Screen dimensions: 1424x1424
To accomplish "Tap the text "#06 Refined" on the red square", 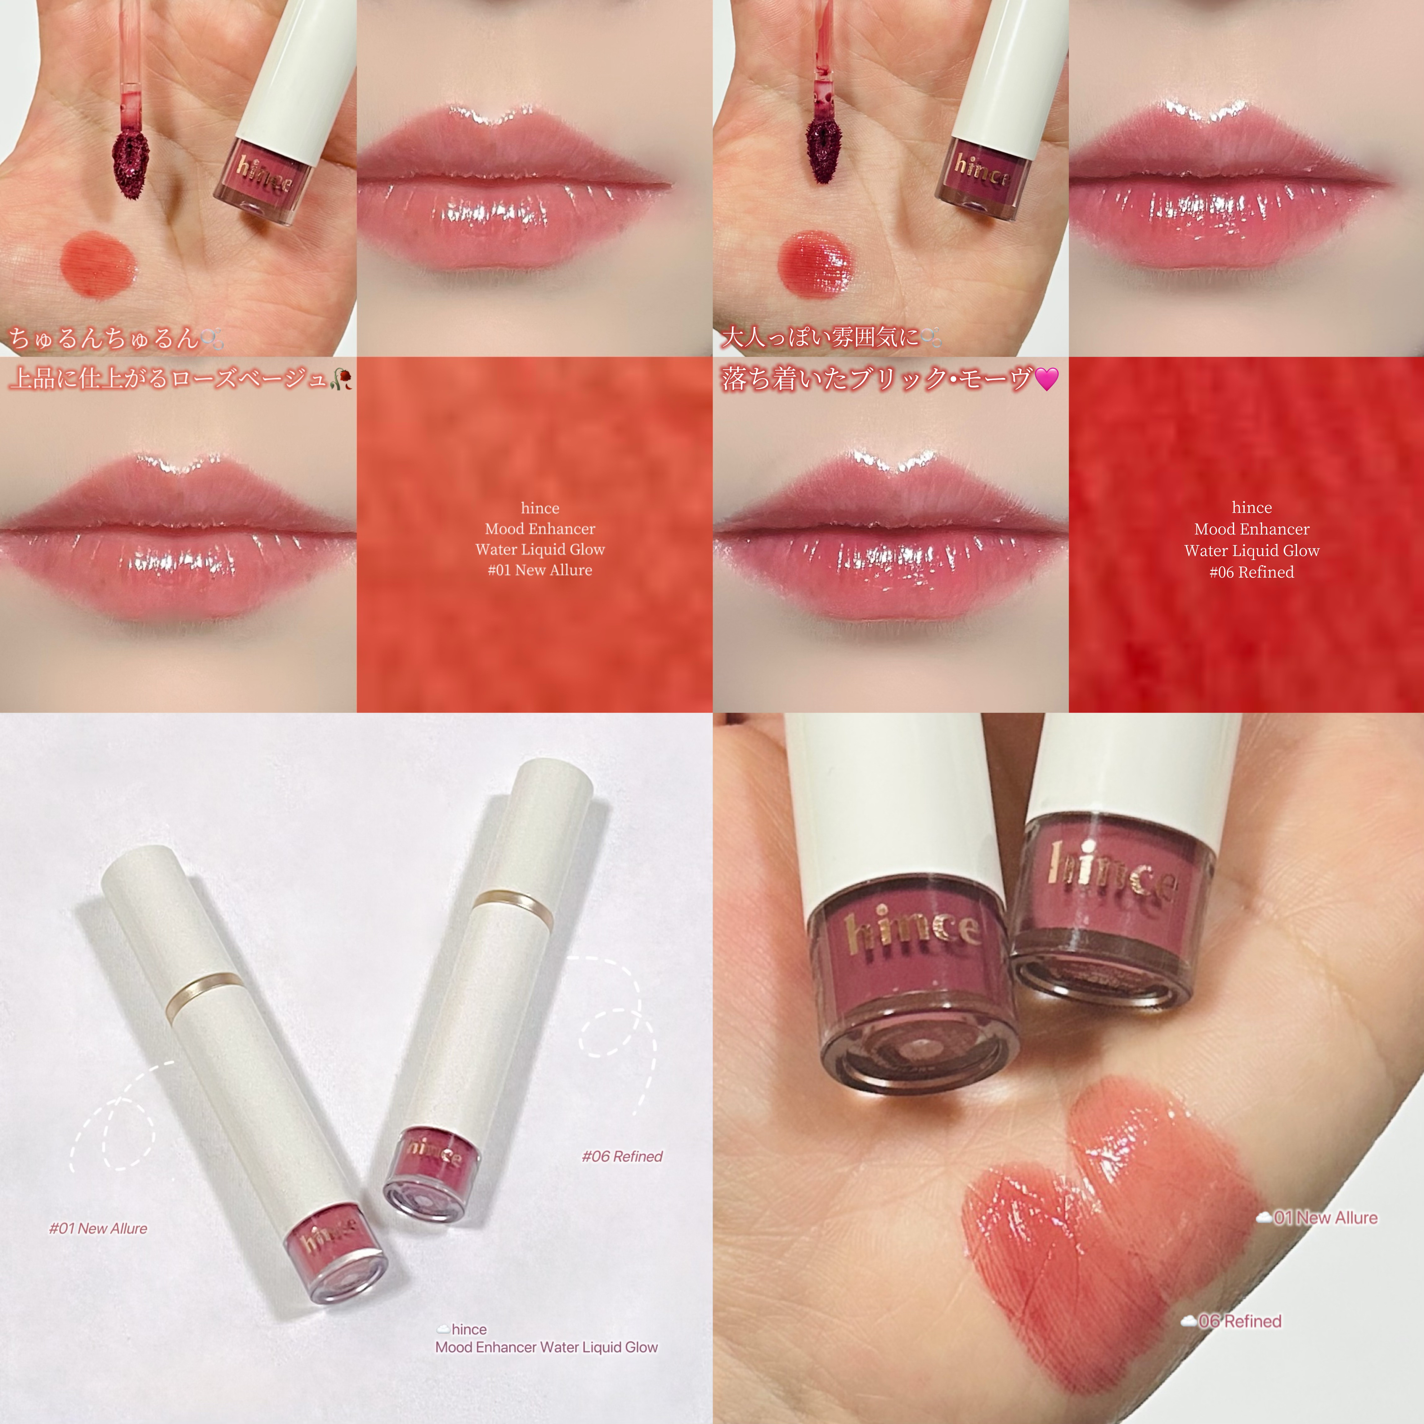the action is point(1252,572).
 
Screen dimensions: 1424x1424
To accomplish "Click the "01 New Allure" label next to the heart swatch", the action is point(1325,1218).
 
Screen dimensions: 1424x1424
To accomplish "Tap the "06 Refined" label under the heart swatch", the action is point(1240,1321).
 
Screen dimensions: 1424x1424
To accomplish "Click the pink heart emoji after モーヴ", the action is point(1047,379).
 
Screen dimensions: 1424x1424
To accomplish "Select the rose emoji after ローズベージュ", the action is point(343,379).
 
